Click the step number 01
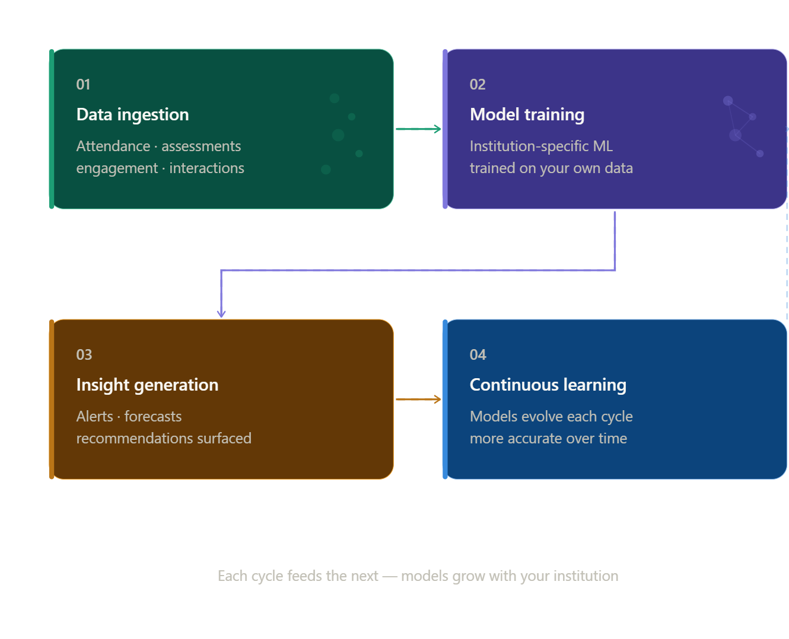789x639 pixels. coord(83,85)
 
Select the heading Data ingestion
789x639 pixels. coord(132,114)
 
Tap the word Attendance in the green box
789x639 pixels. coord(113,146)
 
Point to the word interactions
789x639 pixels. coord(206,168)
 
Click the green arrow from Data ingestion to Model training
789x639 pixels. coord(418,129)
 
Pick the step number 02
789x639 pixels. coord(477,85)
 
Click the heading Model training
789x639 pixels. coord(527,114)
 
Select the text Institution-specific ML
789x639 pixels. coord(541,146)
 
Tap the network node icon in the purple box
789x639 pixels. coord(742,126)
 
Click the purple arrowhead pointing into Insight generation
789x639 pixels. coord(221,312)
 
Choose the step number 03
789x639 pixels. coord(84,355)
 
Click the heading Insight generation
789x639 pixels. coord(147,385)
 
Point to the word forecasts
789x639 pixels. coord(153,417)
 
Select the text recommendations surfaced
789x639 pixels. coord(164,439)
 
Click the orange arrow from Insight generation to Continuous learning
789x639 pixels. coord(418,399)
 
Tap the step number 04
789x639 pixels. coord(478,355)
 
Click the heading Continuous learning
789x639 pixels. coord(548,385)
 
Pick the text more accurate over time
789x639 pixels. coord(548,439)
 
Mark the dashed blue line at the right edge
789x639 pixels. coord(787,261)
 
